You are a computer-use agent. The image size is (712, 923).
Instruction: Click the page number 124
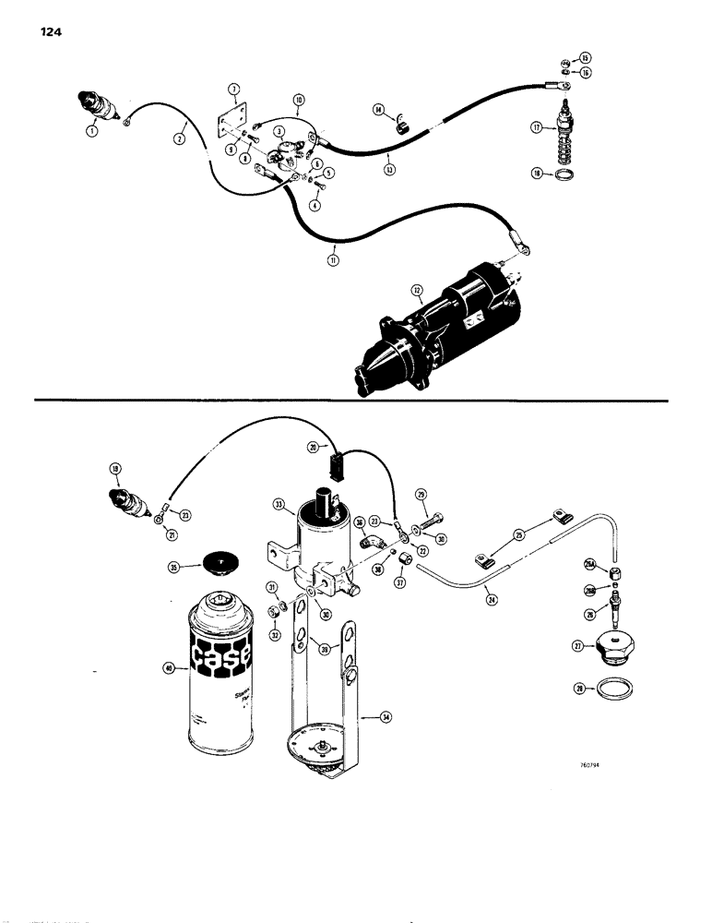[52, 36]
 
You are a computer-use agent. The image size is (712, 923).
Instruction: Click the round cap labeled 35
[220, 564]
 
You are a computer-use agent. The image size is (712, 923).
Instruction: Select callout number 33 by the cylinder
[279, 506]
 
